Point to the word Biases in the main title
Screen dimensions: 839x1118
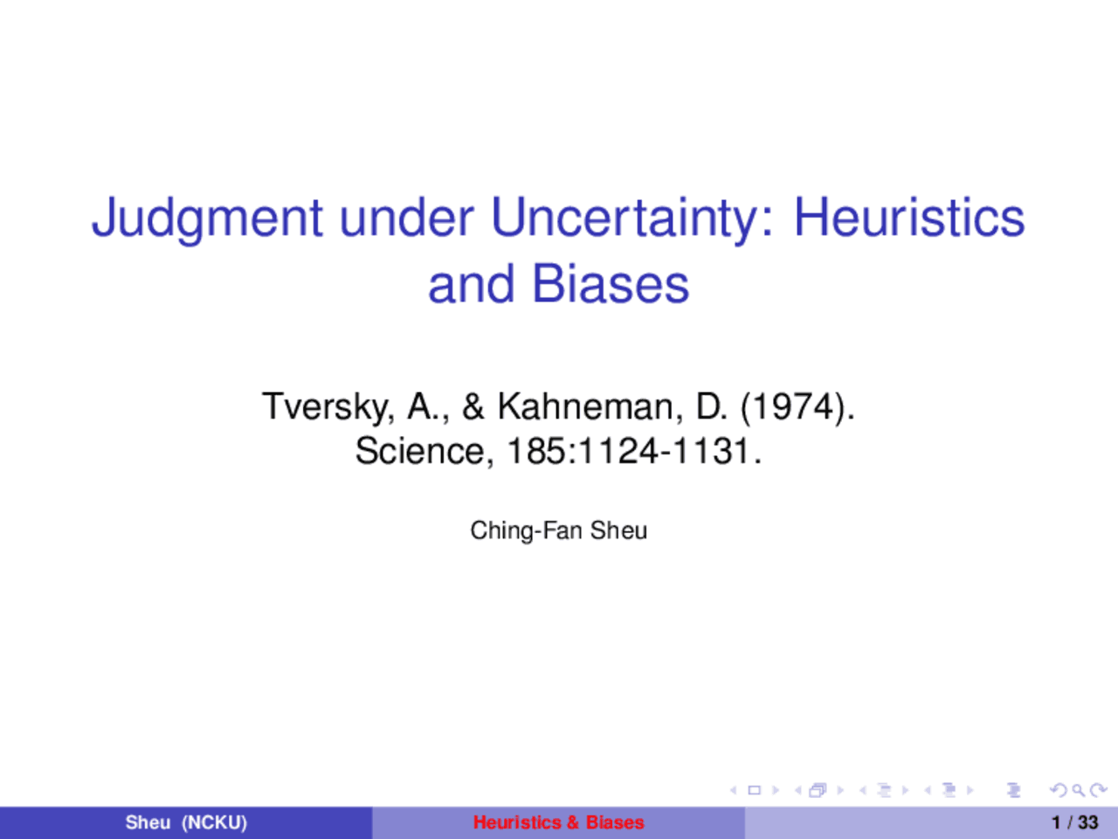610,284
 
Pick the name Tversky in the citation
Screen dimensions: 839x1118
328,407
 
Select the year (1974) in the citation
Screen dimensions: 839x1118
797,406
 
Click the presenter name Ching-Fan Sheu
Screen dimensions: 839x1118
559,530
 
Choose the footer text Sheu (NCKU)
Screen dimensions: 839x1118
186,822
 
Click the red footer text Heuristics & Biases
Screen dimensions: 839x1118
559,822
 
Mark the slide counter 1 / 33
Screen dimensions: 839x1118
1074,822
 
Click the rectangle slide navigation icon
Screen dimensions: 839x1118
754,791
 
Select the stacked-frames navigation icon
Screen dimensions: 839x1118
818,791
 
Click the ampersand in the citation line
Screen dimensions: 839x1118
473,406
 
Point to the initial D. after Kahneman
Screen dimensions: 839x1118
711,406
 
